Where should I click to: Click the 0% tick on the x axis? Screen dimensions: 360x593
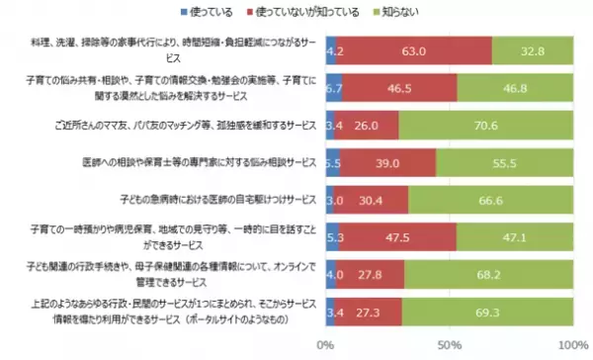point(324,345)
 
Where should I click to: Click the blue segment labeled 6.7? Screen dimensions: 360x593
point(333,88)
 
